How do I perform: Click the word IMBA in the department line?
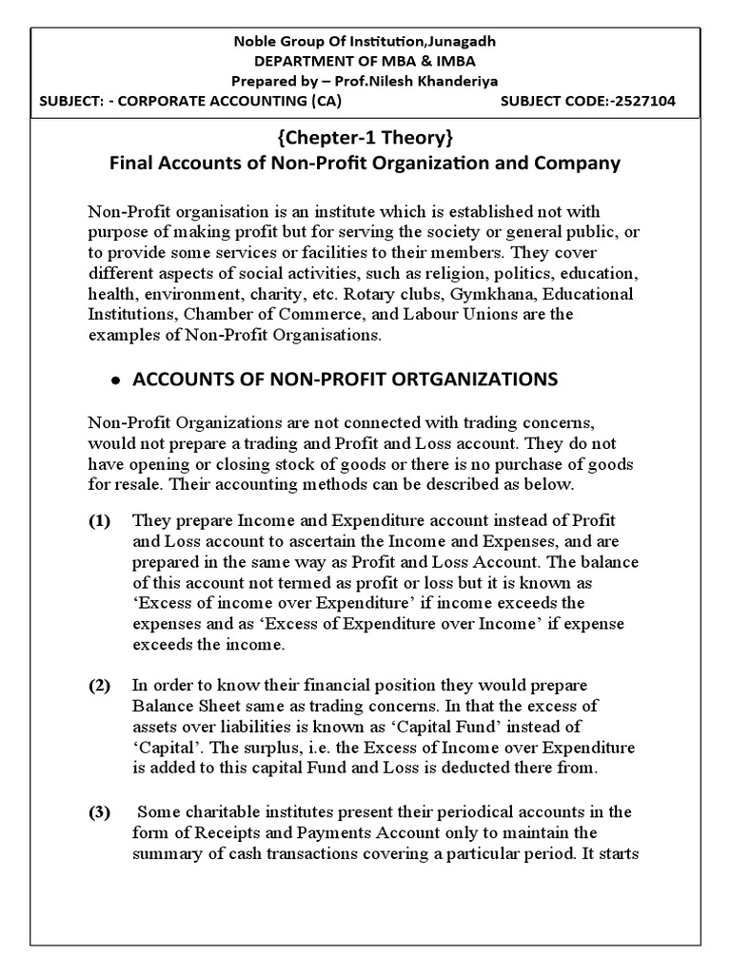coord(439,62)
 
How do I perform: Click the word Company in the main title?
coord(575,163)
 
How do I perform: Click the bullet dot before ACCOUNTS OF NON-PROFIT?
coord(115,380)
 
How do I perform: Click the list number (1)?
coord(100,520)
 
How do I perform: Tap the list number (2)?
coord(100,686)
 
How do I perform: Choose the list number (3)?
coord(100,811)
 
